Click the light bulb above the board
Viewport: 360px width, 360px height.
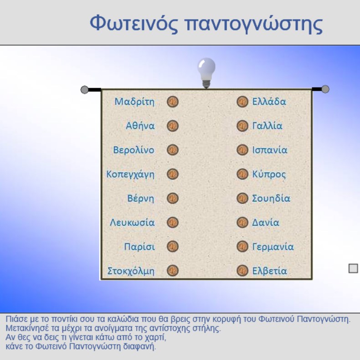pyautogui.click(x=206, y=73)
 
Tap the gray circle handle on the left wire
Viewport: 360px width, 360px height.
pyautogui.click(x=84, y=89)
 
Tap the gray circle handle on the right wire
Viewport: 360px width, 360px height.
pyautogui.click(x=325, y=89)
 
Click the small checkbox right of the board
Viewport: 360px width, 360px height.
pyautogui.click(x=353, y=268)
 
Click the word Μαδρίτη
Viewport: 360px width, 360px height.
pyautogui.click(x=134, y=102)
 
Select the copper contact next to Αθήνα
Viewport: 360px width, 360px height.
pyautogui.click(x=173, y=126)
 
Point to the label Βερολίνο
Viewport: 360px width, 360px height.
pyautogui.click(x=134, y=150)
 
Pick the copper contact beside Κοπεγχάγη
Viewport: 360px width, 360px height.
pyautogui.click(x=173, y=174)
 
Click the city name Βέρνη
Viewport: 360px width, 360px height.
pyautogui.click(x=141, y=198)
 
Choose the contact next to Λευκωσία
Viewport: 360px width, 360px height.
pyautogui.click(x=173, y=222)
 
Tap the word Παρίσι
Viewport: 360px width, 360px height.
pyautogui.click(x=139, y=247)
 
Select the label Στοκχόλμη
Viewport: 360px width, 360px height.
pyautogui.click(x=131, y=271)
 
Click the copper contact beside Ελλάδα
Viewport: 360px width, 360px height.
pyautogui.click(x=242, y=102)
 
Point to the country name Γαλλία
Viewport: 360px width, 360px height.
pyautogui.click(x=267, y=126)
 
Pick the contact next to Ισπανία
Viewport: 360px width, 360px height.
pyautogui.click(x=242, y=150)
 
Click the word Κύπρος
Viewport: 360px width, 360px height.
pyautogui.click(x=269, y=174)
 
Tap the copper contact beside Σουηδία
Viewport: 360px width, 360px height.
pyautogui.click(x=242, y=198)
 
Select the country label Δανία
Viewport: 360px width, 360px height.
pyautogui.click(x=266, y=222)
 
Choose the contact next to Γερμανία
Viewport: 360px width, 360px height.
pyautogui.click(x=242, y=247)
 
